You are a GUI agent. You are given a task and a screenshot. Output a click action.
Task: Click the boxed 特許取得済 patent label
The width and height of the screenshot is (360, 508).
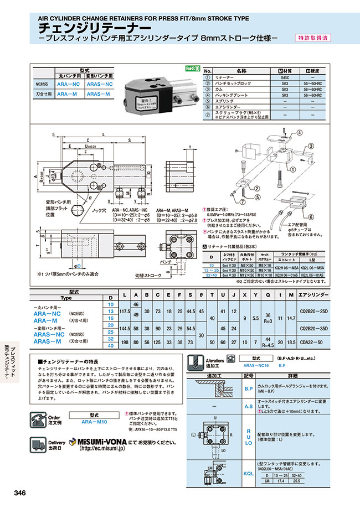(311, 38)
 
